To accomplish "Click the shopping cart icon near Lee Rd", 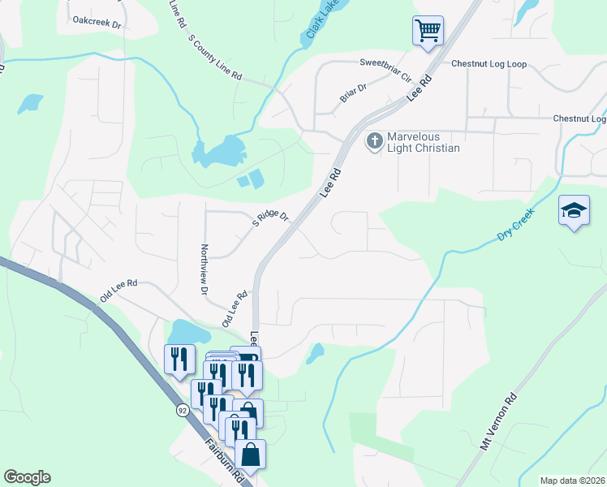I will pyautogui.click(x=428, y=31).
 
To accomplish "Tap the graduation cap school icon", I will pyautogui.click(x=573, y=211).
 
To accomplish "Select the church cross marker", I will pyautogui.click(x=374, y=141).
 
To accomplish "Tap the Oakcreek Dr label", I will pyautogui.click(x=97, y=22).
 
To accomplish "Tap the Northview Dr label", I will pyautogui.click(x=204, y=269).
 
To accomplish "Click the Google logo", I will pyautogui.click(x=27, y=477).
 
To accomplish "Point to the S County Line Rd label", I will pyautogui.click(x=215, y=57).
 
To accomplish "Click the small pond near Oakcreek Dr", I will pyautogui.click(x=30, y=103).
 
